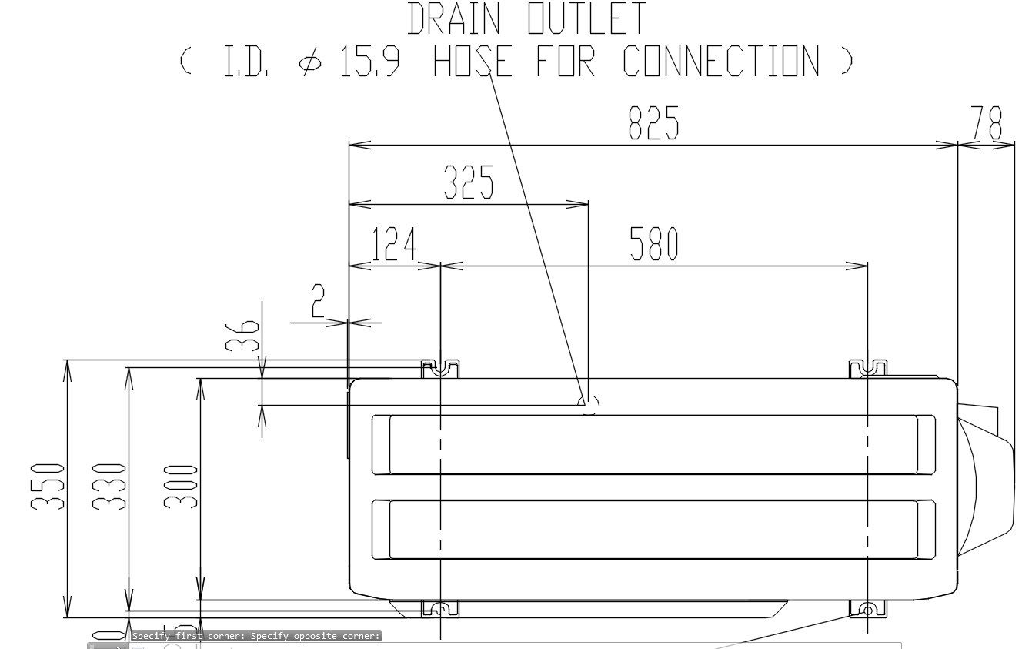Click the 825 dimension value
point(653,122)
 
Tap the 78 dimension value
point(987,122)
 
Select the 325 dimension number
point(469,183)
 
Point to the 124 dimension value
point(393,244)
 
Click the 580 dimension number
point(654,244)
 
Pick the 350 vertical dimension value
point(47,486)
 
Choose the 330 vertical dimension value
point(109,486)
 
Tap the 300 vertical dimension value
point(182,486)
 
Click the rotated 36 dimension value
point(243,336)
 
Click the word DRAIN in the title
point(453,19)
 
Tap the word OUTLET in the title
point(587,19)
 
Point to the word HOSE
point(472,61)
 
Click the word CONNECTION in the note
point(722,61)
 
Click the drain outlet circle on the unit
point(589,403)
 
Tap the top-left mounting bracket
point(440,369)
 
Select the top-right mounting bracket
point(868,369)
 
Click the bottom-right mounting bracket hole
point(868,611)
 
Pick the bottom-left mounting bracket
point(440,609)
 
